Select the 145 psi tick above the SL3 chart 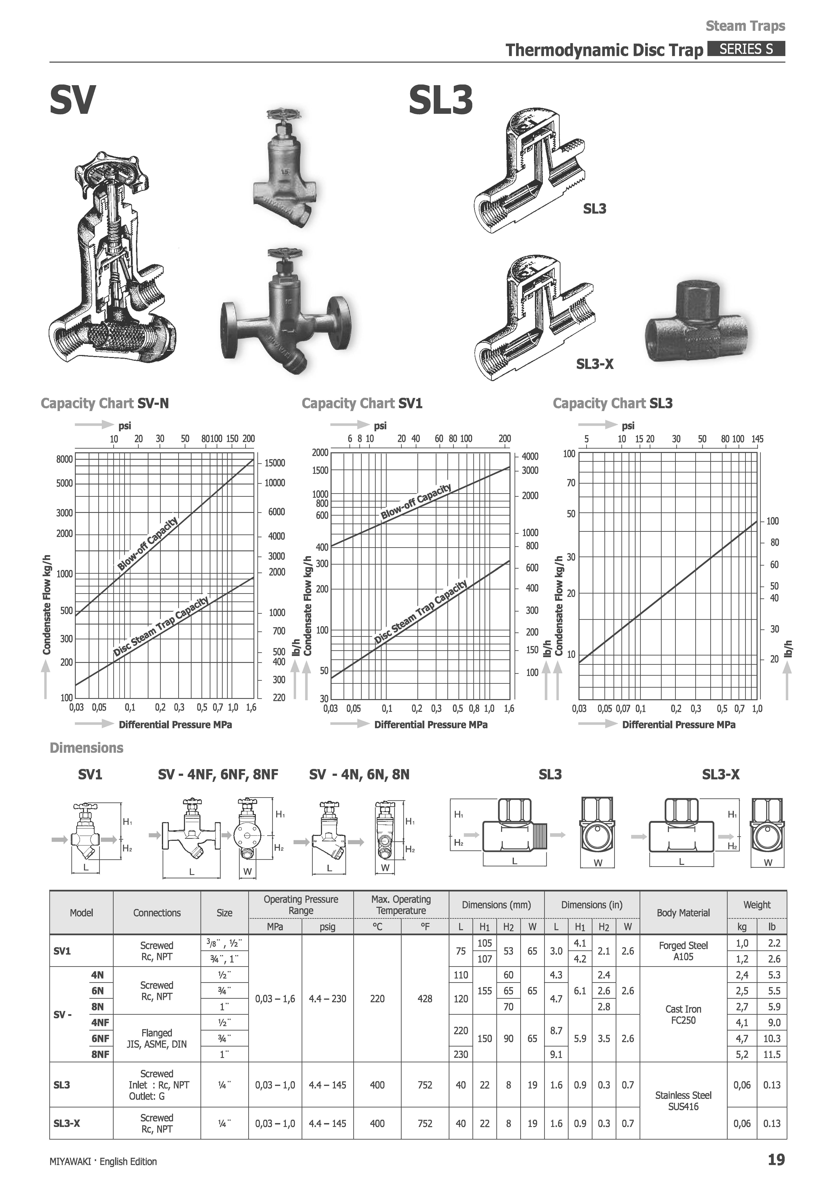tap(757, 439)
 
